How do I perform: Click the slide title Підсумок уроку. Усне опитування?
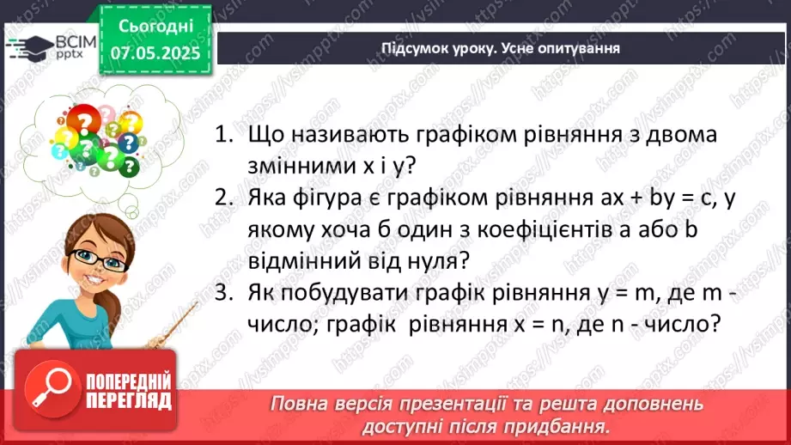[x=501, y=48]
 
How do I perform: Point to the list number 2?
[x=225, y=199]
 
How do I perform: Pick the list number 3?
[x=225, y=294]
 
